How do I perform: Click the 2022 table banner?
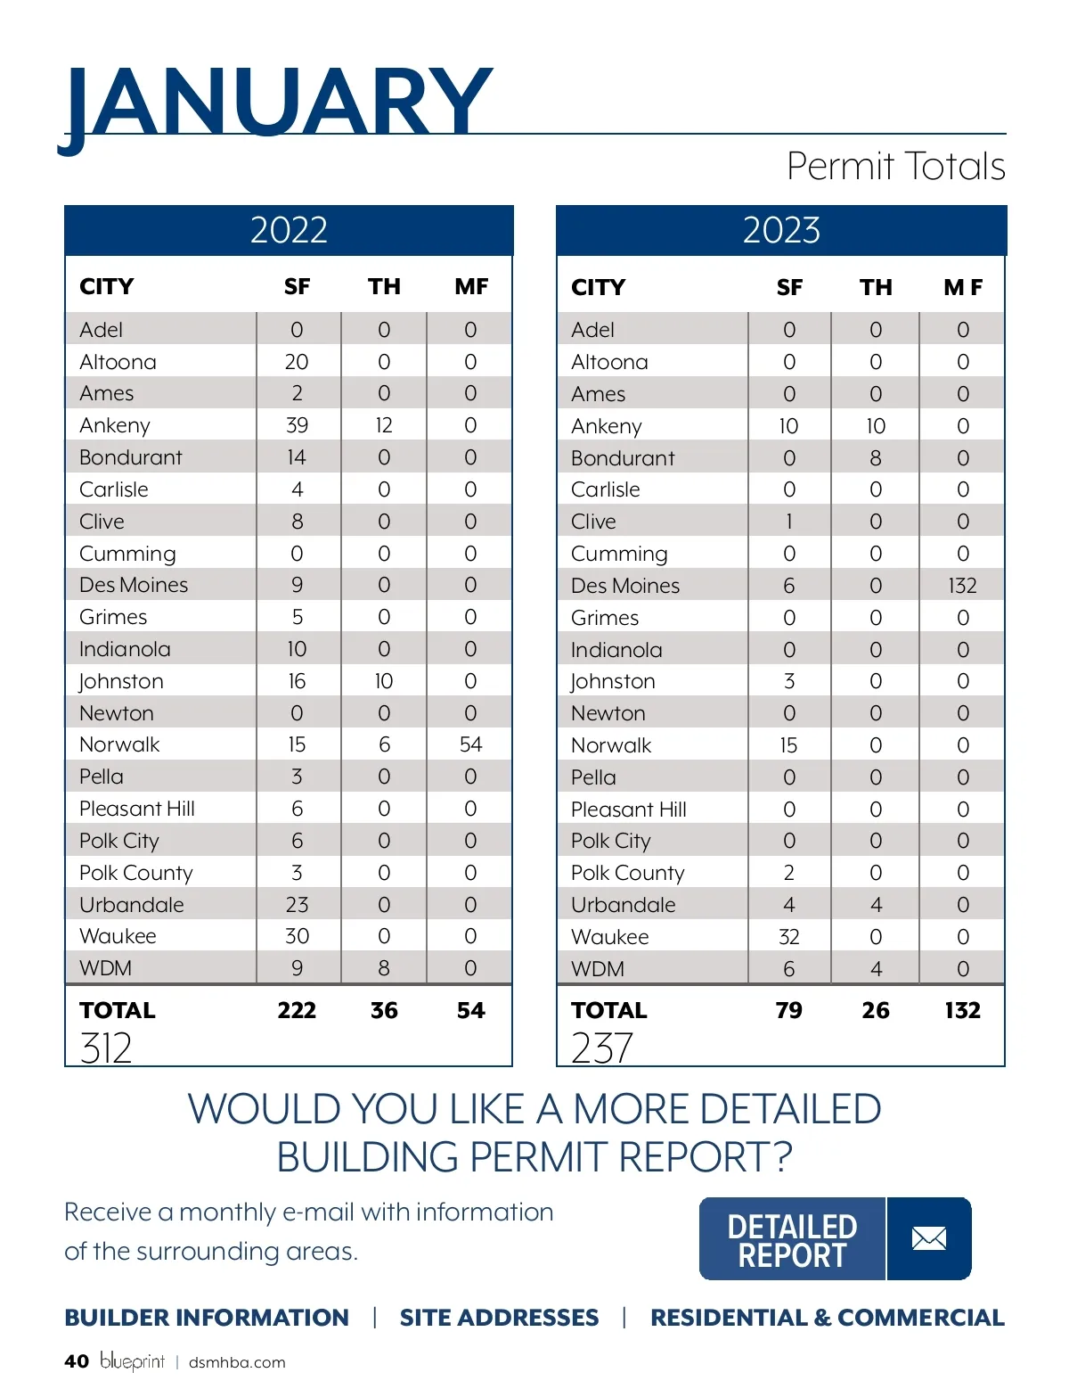point(289,230)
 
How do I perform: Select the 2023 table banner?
point(781,230)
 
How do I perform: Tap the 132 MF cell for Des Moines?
point(962,586)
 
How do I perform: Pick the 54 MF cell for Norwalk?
point(470,744)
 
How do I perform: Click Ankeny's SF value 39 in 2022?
point(297,425)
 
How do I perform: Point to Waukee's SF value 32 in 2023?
point(788,937)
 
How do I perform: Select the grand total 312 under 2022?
point(106,1048)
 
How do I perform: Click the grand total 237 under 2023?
point(602,1048)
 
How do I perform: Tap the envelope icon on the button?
point(929,1238)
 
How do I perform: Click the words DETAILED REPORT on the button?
point(792,1240)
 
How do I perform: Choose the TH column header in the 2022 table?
point(384,286)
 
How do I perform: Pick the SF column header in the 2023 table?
point(788,287)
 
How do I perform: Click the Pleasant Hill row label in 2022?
point(137,809)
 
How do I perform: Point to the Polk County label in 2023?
point(628,873)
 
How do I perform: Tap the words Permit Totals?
point(895,167)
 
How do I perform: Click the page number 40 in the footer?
point(77,1361)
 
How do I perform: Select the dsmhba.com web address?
point(237,1362)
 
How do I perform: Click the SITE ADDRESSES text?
point(499,1318)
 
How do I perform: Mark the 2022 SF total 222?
point(297,1010)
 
